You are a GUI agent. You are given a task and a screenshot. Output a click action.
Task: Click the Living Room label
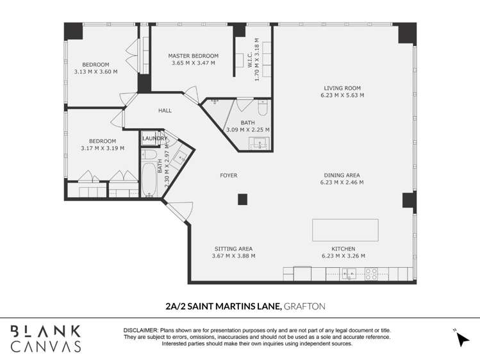coord(342,88)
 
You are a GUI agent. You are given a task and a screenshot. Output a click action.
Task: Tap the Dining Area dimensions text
coord(342,183)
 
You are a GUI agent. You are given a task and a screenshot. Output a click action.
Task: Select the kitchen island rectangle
coord(345,230)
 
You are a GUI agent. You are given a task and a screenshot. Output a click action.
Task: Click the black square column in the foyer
coord(242,199)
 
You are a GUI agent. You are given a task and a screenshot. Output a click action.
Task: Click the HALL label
coord(165,111)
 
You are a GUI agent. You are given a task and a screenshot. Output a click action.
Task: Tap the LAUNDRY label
coord(154,138)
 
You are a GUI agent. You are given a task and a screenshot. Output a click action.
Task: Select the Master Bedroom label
coord(193,56)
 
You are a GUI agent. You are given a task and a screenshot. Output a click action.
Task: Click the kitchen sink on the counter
coord(349,275)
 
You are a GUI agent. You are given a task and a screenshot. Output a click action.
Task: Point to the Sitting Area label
coord(233,249)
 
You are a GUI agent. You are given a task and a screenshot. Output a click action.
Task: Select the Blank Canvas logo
coord(46,338)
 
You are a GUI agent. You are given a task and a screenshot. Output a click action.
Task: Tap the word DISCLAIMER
coord(140,330)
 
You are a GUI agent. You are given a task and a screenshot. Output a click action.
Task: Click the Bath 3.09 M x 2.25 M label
coord(247,122)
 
